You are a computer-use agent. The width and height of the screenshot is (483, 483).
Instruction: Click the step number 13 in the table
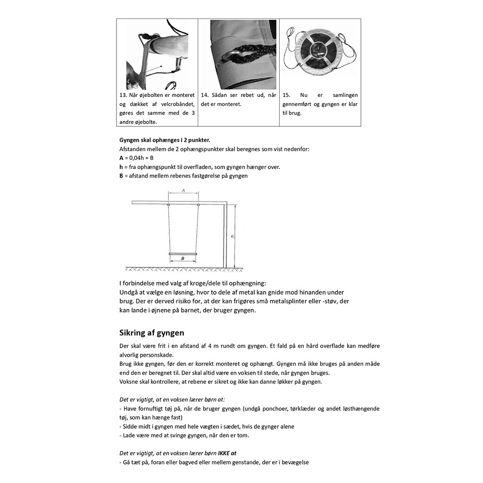[x=123, y=95]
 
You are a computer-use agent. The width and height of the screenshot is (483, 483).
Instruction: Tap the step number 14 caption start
[x=204, y=95]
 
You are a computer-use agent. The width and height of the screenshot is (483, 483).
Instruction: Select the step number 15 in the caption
[x=286, y=95]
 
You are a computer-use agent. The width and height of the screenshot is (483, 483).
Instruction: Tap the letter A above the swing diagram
[x=183, y=191]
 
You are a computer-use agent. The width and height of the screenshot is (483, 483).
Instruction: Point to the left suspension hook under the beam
[x=168, y=205]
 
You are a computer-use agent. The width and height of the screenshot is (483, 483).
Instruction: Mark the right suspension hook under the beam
[x=198, y=205]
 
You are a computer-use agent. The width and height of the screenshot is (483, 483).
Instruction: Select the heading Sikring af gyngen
[x=152, y=333]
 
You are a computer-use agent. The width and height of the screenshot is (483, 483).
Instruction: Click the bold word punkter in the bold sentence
[x=198, y=140]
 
